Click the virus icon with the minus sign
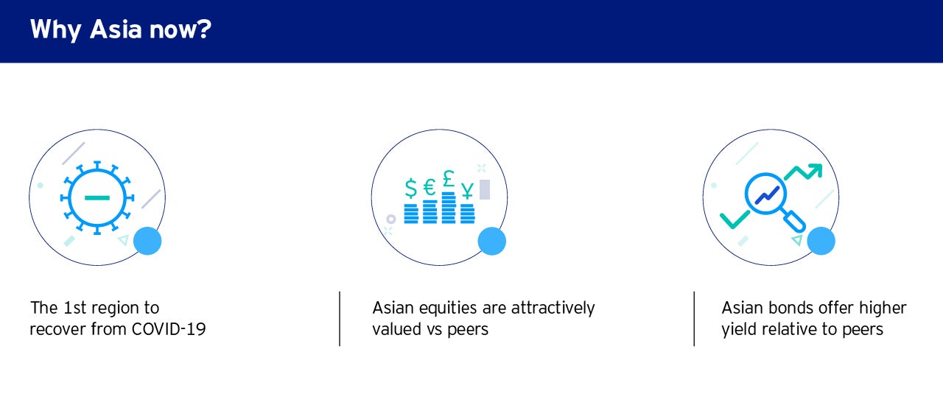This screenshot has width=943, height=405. [97, 197]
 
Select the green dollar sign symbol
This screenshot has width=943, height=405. [411, 189]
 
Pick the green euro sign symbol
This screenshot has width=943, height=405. [430, 187]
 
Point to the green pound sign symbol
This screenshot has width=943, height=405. [449, 178]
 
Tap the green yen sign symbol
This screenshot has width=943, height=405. [467, 190]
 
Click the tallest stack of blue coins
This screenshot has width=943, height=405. [449, 208]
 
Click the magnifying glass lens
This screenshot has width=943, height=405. [765, 194]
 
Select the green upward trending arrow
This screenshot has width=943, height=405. [803, 172]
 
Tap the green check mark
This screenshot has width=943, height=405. [735, 219]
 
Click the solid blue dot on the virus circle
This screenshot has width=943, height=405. [147, 241]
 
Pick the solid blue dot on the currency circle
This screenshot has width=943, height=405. [491, 242]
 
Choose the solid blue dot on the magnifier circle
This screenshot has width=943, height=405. [821, 241]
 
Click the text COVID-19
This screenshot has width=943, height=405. [169, 329]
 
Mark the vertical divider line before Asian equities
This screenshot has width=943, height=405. [340, 319]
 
